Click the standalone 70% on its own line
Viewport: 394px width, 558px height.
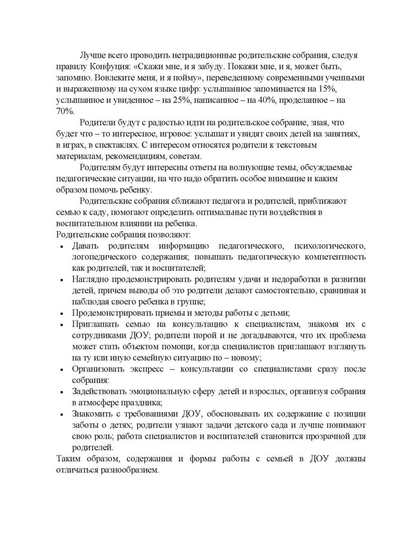coord(66,112)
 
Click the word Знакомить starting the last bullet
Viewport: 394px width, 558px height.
coord(91,414)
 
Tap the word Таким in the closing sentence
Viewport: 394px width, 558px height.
coord(68,459)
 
